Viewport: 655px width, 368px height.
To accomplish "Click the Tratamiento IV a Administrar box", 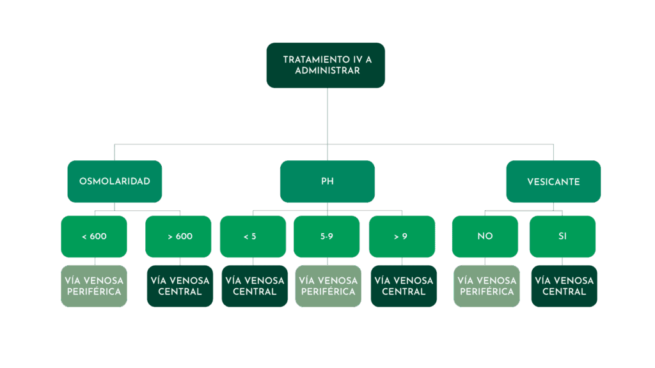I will coord(326,65).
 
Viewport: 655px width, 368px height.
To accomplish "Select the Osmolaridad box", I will coord(114,181).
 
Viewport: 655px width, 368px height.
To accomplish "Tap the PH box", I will coord(327,181).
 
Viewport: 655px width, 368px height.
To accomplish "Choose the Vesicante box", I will coord(553,181).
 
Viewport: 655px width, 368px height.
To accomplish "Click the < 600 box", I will coord(94,236).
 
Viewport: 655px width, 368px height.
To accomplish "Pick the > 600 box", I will coord(180,236).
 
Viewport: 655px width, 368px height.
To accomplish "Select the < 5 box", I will coord(253,236).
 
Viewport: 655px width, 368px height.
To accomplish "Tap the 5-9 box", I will coord(326,236).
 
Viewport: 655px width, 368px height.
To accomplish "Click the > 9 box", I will coord(402,236).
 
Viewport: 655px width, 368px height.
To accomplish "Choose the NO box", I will coord(485,236).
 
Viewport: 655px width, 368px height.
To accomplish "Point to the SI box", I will coord(563,236).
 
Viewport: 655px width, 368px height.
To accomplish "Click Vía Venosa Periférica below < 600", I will coord(94,286).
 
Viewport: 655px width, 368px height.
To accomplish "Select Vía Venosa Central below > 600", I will coord(180,286).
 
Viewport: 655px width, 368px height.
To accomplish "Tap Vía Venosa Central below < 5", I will coord(255,286).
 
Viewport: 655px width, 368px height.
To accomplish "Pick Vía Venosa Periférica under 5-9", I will coord(327,286).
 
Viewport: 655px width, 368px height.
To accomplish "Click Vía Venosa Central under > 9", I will coord(404,286).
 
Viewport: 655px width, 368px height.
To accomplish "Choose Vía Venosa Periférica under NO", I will coord(487,286).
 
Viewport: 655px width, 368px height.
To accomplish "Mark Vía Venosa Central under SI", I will coord(564,286).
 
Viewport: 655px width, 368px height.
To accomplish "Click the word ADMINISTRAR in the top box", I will coord(327,71).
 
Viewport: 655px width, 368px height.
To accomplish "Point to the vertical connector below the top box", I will coord(327,115).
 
